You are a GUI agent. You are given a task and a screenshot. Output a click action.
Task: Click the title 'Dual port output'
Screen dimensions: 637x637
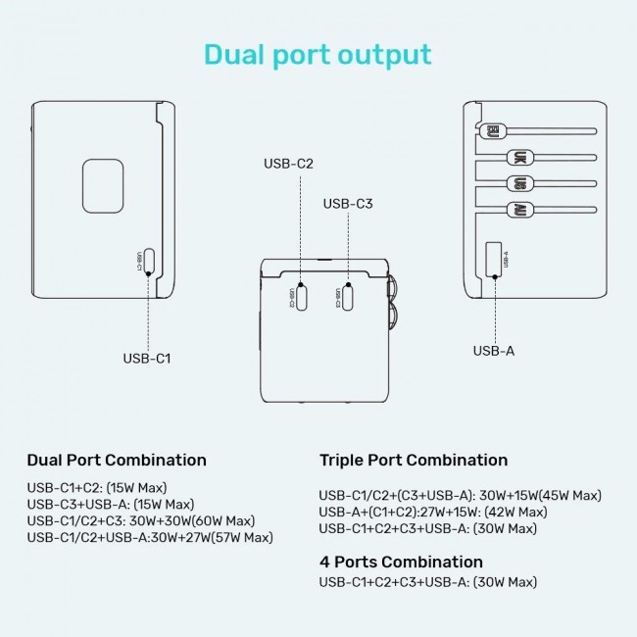pyautogui.click(x=318, y=54)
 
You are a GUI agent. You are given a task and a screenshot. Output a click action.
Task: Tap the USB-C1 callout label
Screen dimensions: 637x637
pyautogui.click(x=147, y=358)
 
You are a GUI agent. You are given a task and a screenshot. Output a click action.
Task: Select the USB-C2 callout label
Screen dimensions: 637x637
pyautogui.click(x=288, y=164)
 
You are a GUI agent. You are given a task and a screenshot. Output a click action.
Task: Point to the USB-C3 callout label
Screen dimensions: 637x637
pyautogui.click(x=348, y=204)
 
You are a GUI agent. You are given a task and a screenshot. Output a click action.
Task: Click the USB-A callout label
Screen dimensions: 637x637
pyautogui.click(x=494, y=350)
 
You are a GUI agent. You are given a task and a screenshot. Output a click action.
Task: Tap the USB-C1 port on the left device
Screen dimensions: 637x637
pyautogui.click(x=148, y=260)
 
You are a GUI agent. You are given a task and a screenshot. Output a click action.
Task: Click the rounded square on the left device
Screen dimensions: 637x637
pyautogui.click(x=103, y=181)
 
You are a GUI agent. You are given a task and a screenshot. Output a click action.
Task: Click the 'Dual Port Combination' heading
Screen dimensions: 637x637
pyautogui.click(x=117, y=460)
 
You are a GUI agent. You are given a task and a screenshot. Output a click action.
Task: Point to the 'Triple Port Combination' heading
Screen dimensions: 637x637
pyautogui.click(x=414, y=460)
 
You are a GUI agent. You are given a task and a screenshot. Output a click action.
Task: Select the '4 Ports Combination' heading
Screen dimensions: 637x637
pyautogui.click(x=401, y=562)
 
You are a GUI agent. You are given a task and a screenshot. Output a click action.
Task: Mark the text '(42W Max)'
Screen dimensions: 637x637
pyautogui.click(x=512, y=512)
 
